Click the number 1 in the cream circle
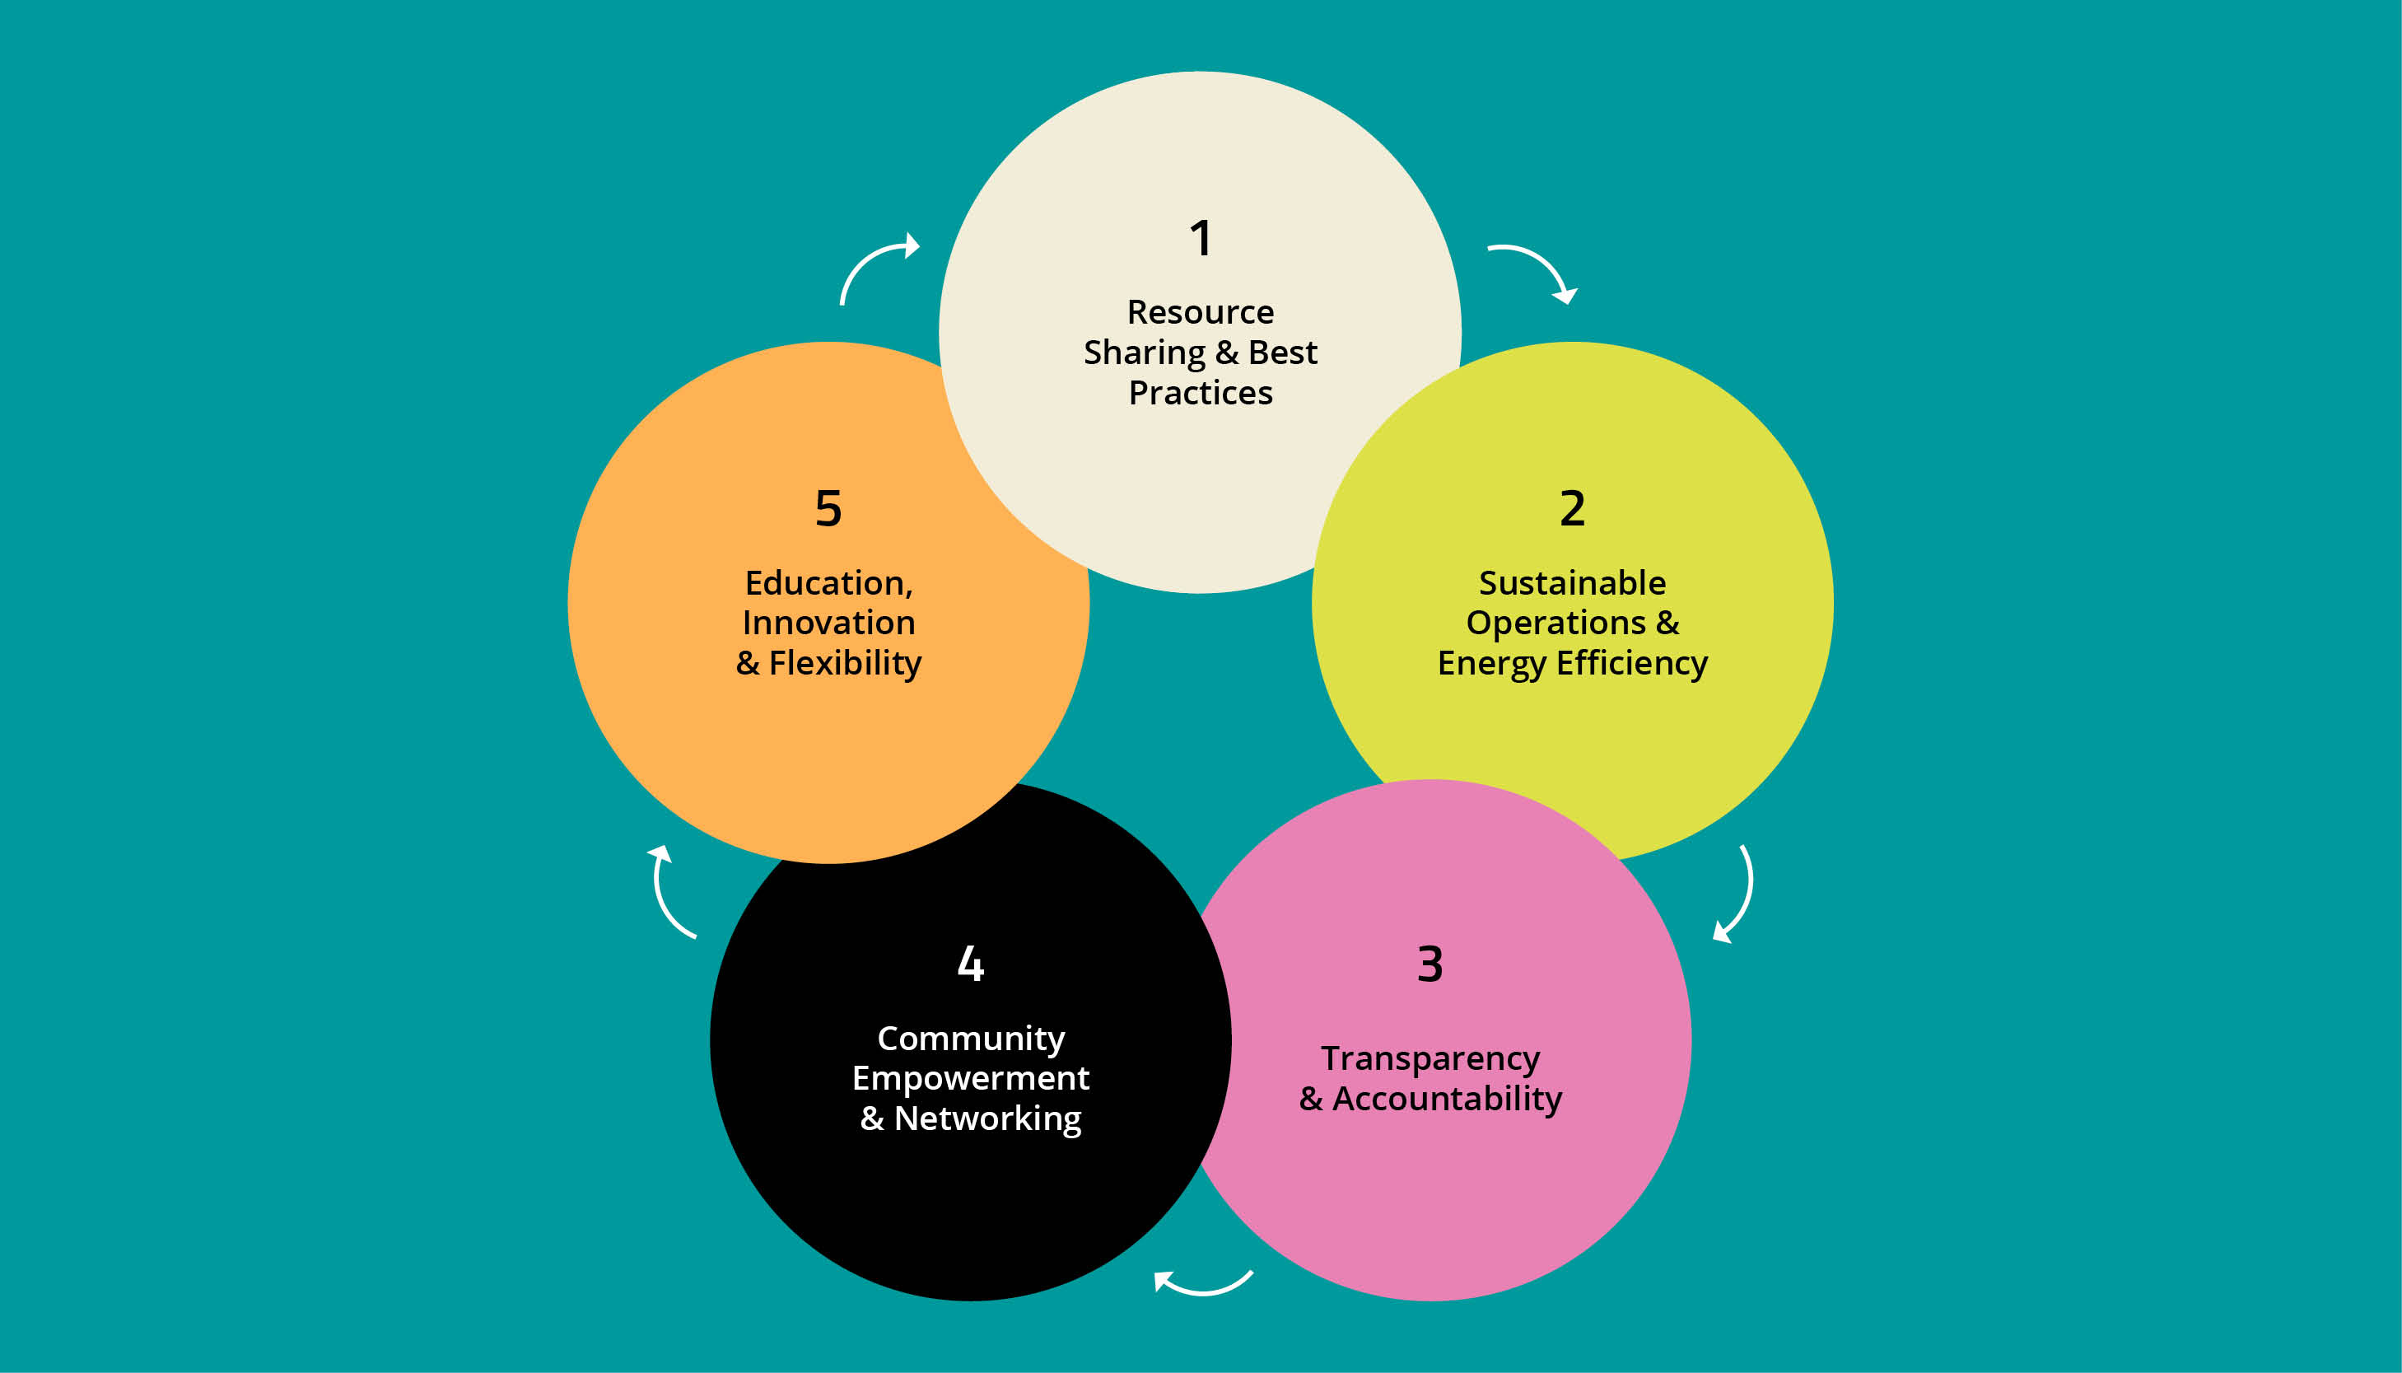click(x=1200, y=238)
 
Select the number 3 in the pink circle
click(x=1430, y=964)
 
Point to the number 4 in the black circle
click(x=971, y=964)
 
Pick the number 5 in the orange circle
click(x=828, y=508)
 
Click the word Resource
click(x=1200, y=312)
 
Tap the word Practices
click(x=1200, y=393)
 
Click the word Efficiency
click(x=1632, y=664)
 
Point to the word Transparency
click(x=1430, y=1059)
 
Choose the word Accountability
click(x=1447, y=1100)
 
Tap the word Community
click(x=971, y=1039)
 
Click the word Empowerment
click(x=971, y=1078)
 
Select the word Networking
click(x=987, y=1119)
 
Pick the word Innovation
click(x=828, y=623)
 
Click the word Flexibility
click(x=845, y=664)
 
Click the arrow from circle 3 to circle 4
click(x=1202, y=1287)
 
